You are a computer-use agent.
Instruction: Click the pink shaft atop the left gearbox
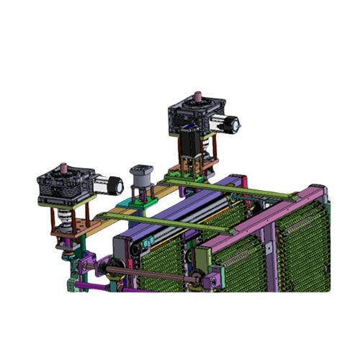(x=65, y=168)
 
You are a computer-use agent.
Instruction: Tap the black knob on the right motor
(x=235, y=125)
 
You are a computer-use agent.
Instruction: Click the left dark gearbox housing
(x=63, y=186)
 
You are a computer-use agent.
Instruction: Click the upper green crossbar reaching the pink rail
(x=238, y=189)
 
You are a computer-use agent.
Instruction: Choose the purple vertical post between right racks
(x=271, y=252)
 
